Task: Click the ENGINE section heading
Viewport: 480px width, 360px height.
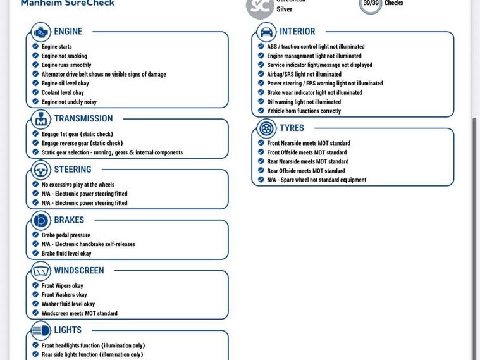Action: coord(68,32)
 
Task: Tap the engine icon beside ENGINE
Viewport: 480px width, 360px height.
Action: coord(41,32)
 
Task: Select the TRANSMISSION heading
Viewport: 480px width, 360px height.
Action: coord(83,119)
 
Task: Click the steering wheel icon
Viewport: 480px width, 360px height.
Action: coord(41,170)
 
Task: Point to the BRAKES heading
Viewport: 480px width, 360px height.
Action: coord(69,220)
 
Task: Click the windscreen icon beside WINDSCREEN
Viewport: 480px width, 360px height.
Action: coord(41,271)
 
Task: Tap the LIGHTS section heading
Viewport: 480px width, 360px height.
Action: coord(68,330)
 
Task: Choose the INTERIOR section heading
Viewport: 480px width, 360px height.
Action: coord(297,32)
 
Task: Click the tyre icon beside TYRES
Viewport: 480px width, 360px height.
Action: coord(267,128)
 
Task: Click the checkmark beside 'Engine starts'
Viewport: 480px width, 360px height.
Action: coord(35,46)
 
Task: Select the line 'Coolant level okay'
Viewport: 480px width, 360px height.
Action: coord(63,92)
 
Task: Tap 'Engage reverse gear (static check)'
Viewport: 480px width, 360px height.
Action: coord(82,143)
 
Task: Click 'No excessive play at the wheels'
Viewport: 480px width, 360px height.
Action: coord(78,185)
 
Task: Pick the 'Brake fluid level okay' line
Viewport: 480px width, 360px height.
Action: coord(66,254)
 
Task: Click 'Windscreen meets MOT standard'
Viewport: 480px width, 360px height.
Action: coord(79,313)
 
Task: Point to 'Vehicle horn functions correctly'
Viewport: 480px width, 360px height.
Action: coord(304,111)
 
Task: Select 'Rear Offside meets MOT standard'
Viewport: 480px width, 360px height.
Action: coord(305,171)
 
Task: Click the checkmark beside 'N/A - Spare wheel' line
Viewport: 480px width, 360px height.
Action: coord(261,180)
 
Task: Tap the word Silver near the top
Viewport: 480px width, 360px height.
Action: coord(285,9)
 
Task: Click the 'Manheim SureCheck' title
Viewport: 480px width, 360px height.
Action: coord(68,3)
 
